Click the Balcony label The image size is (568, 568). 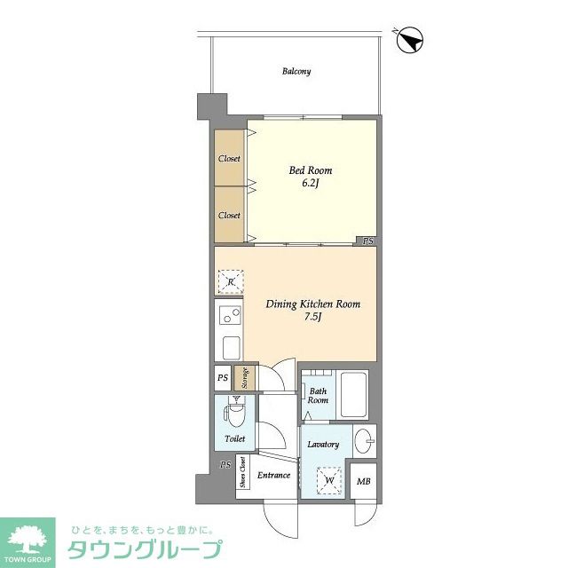coord(296,71)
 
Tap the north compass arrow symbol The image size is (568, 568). coord(410,41)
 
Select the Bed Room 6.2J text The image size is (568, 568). coord(311,177)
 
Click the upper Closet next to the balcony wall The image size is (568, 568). coord(229,158)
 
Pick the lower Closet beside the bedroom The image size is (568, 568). coord(229,215)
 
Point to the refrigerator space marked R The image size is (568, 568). coord(231,282)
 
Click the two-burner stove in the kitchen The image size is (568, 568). coord(230,315)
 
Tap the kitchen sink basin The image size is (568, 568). coord(231,348)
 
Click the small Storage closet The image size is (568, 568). coord(245,378)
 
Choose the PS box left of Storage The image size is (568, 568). coord(223,378)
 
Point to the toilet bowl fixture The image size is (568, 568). coord(235,414)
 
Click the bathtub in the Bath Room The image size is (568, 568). coord(353,394)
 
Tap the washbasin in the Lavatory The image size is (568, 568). coord(364,441)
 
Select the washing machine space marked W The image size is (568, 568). coord(329,480)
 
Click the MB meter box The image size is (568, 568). coord(363,481)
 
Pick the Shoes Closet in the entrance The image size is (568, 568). coord(242,471)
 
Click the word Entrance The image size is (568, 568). coord(273,475)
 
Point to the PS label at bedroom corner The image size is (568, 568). coord(368,241)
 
